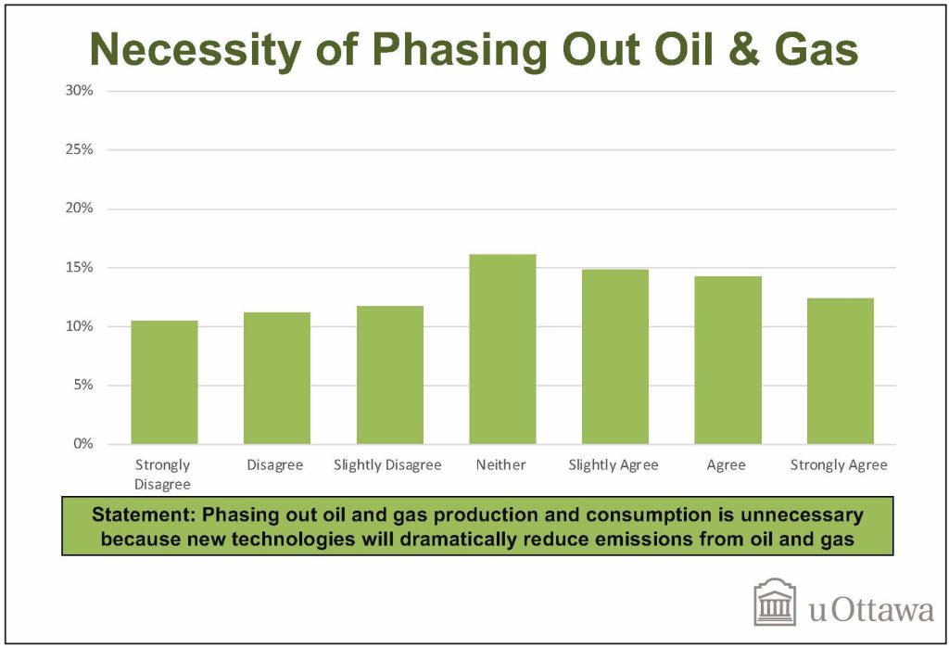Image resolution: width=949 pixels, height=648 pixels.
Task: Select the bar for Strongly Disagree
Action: click(x=164, y=382)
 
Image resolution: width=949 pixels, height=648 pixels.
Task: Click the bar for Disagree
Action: click(x=276, y=378)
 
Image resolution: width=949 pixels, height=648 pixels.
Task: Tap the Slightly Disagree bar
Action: click(x=390, y=375)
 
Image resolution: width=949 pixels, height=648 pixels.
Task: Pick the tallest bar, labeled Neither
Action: click(x=502, y=349)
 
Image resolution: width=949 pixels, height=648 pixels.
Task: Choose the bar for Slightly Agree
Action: click(x=615, y=357)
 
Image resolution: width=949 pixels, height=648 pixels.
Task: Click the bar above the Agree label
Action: click(x=728, y=360)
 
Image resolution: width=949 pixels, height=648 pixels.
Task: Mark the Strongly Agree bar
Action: click(x=840, y=371)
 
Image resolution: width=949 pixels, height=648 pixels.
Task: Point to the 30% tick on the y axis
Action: click(x=80, y=91)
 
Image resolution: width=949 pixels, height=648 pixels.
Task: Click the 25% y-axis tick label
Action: click(x=80, y=149)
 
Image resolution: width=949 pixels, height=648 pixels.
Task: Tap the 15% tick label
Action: click(x=80, y=267)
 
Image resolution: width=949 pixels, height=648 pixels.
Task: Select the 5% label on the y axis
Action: click(x=83, y=385)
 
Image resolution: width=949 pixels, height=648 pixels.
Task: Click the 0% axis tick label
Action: click(x=83, y=444)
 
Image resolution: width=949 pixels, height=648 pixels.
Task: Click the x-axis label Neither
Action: click(x=500, y=464)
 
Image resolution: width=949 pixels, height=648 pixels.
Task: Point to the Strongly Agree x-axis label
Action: click(x=839, y=465)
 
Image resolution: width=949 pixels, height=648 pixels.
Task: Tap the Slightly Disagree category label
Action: click(x=387, y=465)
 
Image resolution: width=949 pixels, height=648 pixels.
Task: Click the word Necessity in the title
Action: click(x=195, y=50)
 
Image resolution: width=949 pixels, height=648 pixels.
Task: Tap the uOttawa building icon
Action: click(x=775, y=602)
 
